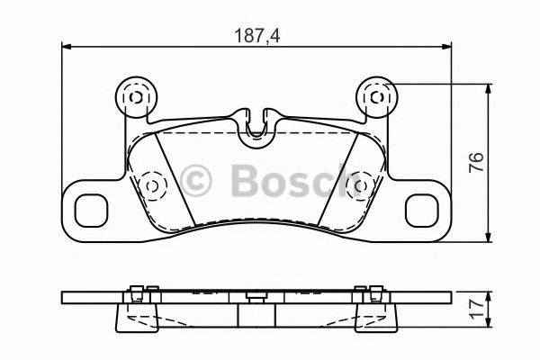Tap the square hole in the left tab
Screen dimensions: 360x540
[x=90, y=210]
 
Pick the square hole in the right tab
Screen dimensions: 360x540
[x=423, y=210]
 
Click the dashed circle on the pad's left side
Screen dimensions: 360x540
[x=151, y=185]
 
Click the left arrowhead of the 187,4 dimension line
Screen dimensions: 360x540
[x=65, y=48]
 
